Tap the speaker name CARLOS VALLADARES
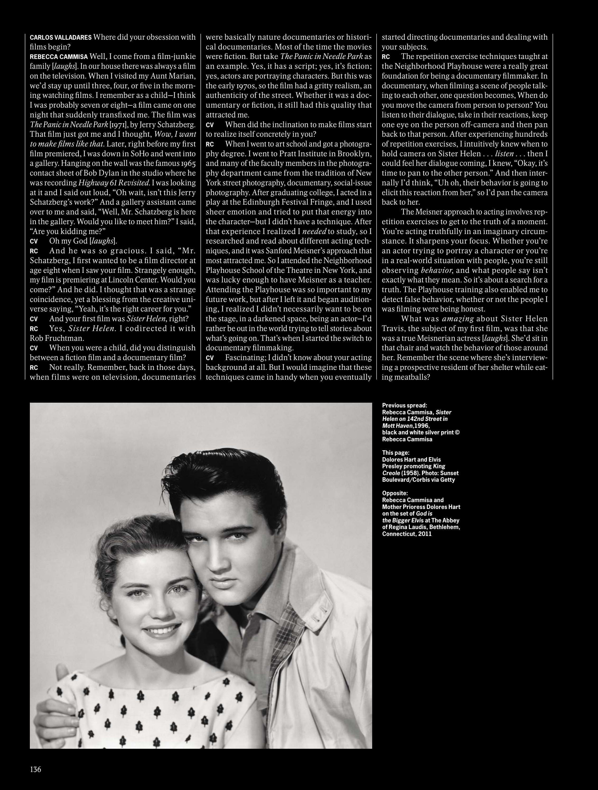click(61, 37)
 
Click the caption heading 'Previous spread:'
click(404, 405)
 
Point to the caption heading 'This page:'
click(396, 453)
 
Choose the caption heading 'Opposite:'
click(395, 494)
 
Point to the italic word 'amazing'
click(458, 319)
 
